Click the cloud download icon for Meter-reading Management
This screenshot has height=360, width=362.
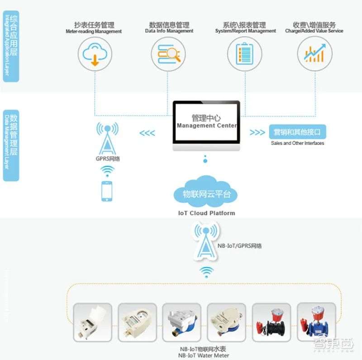tap(95, 54)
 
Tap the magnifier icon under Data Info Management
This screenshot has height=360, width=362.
tap(168, 54)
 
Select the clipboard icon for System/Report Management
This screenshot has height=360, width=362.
tap(243, 54)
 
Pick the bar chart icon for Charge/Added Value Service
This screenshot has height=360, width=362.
tap(314, 54)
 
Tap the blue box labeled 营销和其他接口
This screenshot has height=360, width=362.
tap(297, 132)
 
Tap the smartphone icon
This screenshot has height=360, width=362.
tap(107, 191)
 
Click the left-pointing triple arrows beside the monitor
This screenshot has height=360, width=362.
tap(147, 133)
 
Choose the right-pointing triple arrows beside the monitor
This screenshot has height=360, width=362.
tap(257, 133)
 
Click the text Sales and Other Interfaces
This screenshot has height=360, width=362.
tap(297, 143)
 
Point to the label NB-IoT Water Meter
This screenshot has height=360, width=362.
tap(206, 355)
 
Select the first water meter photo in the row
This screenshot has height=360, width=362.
tap(93, 322)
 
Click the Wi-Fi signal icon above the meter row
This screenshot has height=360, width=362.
tap(207, 271)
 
